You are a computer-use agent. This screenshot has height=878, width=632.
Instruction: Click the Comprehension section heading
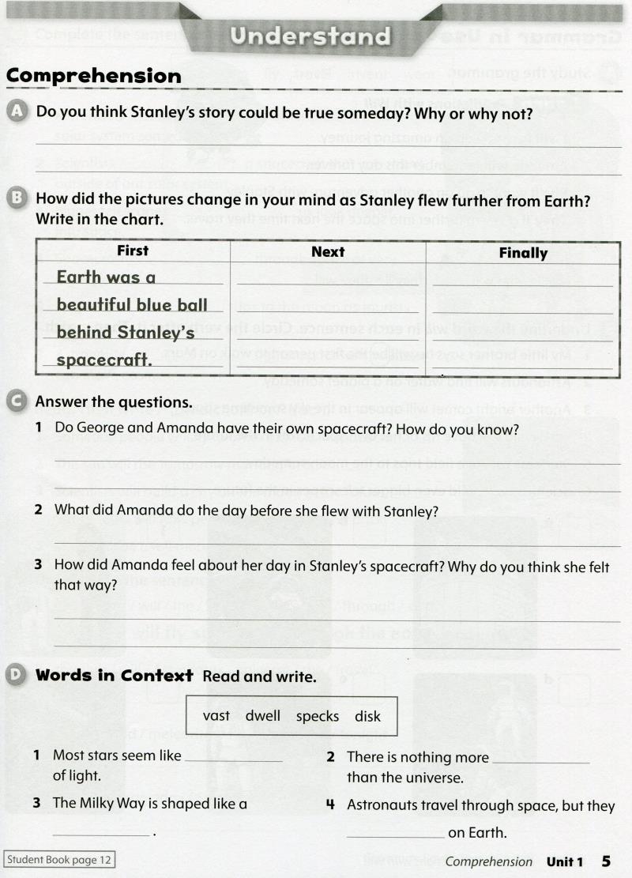(x=94, y=77)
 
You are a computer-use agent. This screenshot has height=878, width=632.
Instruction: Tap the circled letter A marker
(x=16, y=112)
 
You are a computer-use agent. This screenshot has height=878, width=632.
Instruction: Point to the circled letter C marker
(x=16, y=401)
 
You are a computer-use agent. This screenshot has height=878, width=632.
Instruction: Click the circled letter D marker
(x=16, y=675)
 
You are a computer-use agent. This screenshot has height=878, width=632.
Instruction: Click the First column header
(x=133, y=251)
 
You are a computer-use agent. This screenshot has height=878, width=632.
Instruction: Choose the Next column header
(x=328, y=252)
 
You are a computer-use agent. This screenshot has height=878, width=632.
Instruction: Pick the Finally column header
(x=523, y=253)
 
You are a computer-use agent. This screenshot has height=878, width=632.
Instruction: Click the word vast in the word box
(x=216, y=716)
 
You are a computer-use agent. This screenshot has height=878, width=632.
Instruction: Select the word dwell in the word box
(x=263, y=716)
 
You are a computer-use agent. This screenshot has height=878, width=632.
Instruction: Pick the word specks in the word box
(x=318, y=716)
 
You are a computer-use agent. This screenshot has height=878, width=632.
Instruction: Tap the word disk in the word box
(x=367, y=716)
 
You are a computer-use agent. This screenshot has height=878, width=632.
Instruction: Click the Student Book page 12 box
(x=60, y=860)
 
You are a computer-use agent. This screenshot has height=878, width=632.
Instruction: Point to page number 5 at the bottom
(x=606, y=860)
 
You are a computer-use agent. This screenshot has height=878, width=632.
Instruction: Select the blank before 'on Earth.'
(x=395, y=833)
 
